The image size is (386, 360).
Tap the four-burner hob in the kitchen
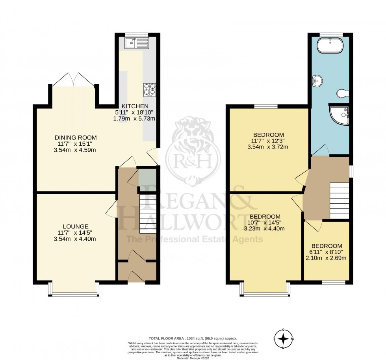coord(149,89)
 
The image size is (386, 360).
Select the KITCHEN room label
coord(135,106)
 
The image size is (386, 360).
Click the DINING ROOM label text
coord(75,137)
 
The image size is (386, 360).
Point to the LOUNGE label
coord(75,226)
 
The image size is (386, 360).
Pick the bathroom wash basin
coord(317,81)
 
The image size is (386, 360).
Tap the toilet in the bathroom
coord(343,93)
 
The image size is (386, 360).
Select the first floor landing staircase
coord(339,200)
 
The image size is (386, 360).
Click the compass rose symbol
coord(283,339)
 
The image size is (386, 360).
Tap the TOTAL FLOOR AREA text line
coord(193,338)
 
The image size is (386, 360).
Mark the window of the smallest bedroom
coord(333,282)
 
